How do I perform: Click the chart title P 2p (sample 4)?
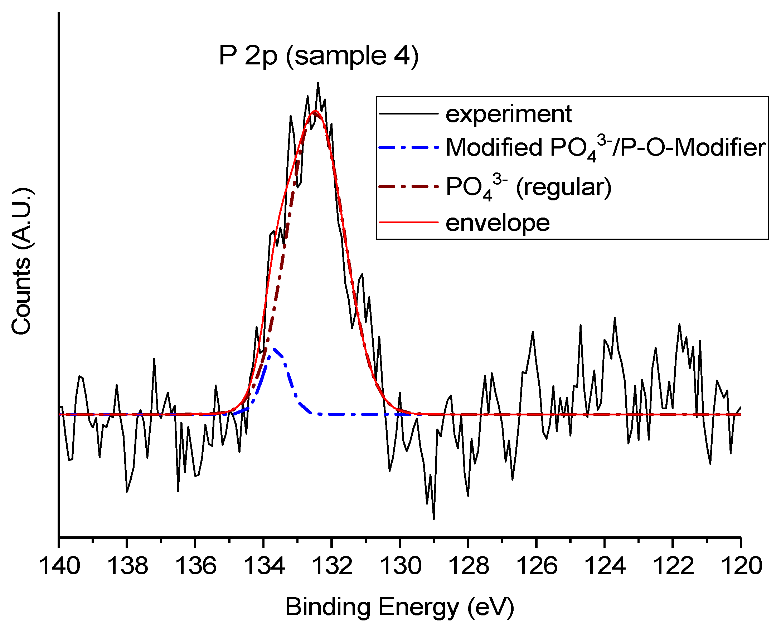[319, 56]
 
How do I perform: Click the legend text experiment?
[508, 114]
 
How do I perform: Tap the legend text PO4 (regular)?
[528, 188]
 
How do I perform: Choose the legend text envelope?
[497, 223]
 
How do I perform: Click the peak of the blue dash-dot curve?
[274, 349]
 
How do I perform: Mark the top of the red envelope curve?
[315, 111]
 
